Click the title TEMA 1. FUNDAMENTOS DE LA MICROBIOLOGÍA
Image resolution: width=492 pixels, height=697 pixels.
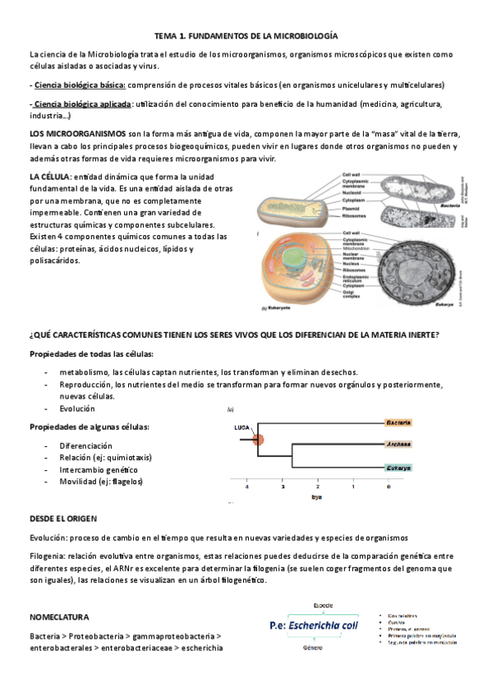[246, 37]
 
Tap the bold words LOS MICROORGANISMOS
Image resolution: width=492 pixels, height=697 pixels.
[77, 132]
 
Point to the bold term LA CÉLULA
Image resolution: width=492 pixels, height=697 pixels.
[49, 177]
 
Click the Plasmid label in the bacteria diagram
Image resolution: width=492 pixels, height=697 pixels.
[355, 209]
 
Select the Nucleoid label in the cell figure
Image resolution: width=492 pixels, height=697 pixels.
[355, 192]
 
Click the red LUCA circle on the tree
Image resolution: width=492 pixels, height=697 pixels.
[258, 440]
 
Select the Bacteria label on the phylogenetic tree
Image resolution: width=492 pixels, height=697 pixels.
[398, 422]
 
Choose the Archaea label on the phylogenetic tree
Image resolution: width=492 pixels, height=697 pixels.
[398, 444]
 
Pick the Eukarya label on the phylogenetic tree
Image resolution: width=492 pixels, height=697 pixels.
[398, 468]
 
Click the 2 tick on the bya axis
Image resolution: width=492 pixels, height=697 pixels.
[317, 487]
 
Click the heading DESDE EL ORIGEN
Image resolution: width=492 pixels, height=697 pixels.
[63, 519]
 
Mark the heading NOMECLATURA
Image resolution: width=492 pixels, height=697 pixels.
[59, 616]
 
